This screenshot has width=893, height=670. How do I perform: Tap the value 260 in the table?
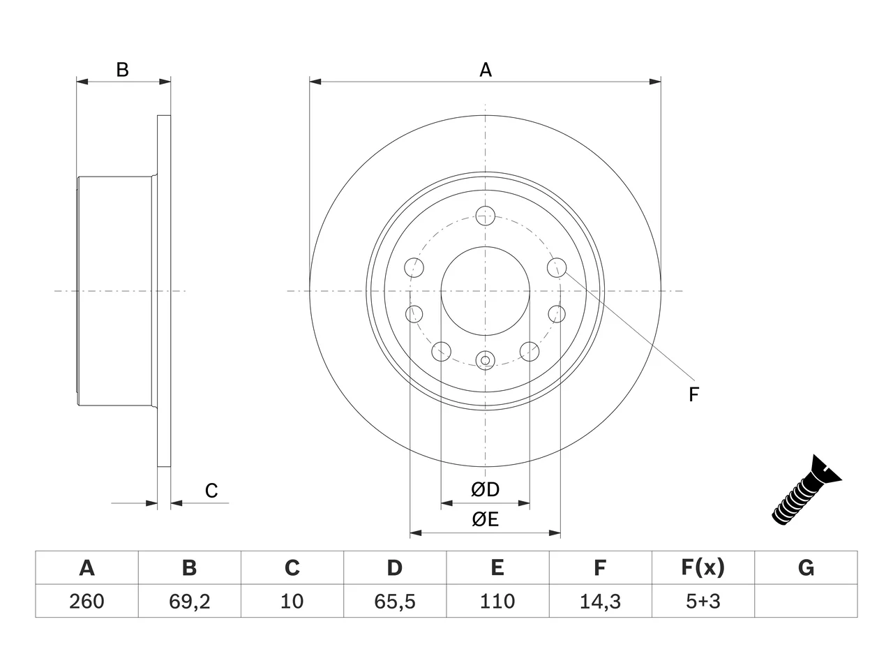[x=87, y=601]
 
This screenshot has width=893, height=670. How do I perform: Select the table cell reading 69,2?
[x=190, y=602]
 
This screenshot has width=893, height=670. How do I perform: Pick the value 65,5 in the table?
[x=395, y=602]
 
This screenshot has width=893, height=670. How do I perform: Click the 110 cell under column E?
[x=497, y=601]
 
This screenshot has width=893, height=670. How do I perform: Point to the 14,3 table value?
[x=600, y=602]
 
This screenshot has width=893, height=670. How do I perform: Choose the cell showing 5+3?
[x=703, y=601]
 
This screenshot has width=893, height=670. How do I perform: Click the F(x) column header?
[x=703, y=567]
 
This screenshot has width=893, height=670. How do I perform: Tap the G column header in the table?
[x=806, y=567]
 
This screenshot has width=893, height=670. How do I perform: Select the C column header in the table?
[x=292, y=567]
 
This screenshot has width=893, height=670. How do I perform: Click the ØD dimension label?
[x=485, y=489]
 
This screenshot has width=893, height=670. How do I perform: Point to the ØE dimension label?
[x=485, y=519]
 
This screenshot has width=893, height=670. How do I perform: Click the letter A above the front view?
[x=486, y=70]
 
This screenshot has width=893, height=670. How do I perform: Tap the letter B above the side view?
[x=123, y=70]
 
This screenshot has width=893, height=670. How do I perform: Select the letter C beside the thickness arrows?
[x=211, y=491]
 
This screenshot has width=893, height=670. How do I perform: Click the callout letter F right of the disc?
[x=693, y=394]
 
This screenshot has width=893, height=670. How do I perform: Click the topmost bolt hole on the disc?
[x=486, y=216]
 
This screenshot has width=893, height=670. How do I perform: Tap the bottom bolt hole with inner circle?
[x=486, y=360]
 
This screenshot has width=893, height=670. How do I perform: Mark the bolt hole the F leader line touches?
[x=557, y=268]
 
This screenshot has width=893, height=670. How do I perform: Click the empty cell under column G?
[x=806, y=601]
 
